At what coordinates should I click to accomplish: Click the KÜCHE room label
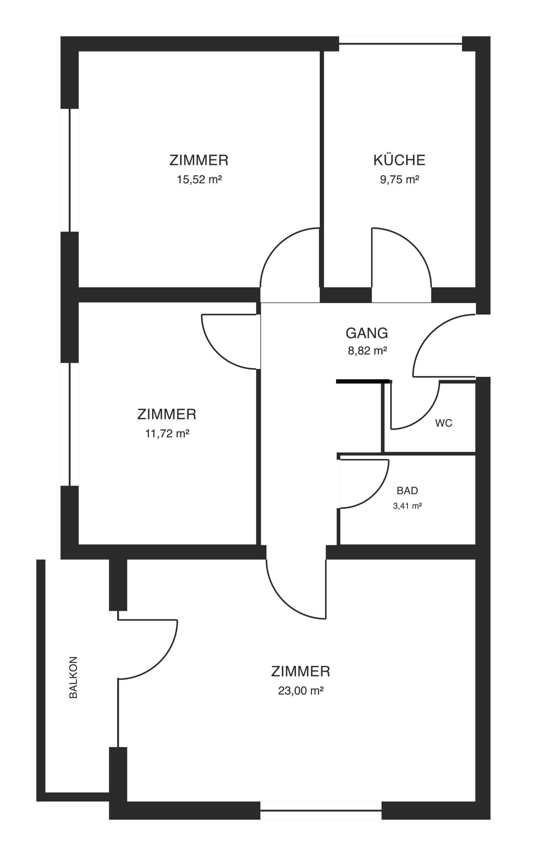(399, 160)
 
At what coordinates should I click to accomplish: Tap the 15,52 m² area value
(199, 180)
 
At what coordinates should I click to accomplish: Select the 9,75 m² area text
(399, 180)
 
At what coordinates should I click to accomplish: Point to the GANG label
(367, 333)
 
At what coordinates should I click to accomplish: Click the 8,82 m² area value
(367, 351)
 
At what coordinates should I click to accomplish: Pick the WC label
(444, 423)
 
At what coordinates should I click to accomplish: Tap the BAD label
(407, 491)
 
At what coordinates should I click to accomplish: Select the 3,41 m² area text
(407, 506)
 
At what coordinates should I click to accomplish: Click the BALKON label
(73, 677)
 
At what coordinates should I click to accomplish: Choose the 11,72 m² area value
(167, 434)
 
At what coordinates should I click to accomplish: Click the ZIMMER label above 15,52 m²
(199, 160)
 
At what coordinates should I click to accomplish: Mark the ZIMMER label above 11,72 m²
(167, 414)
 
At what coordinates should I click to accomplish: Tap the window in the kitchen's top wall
(401, 44)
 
